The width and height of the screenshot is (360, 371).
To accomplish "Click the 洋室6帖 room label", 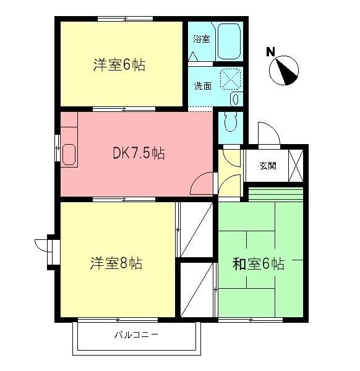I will [119, 65].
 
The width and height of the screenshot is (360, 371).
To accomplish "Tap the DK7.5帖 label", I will [138, 153].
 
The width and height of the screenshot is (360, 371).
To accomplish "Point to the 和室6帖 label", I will [258, 264].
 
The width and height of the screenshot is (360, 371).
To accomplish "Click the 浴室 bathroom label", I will [201, 39].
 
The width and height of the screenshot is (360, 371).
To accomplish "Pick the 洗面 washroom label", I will [203, 86].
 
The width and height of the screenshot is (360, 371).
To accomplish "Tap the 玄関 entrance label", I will [267, 166].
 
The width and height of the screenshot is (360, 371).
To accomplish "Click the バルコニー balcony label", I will [137, 336].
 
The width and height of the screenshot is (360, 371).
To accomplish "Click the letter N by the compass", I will [270, 52].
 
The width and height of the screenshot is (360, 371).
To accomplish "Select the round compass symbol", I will [285, 70].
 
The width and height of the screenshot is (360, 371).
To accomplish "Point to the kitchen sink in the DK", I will [69, 153].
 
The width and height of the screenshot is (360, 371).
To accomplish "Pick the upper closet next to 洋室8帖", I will [195, 228].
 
